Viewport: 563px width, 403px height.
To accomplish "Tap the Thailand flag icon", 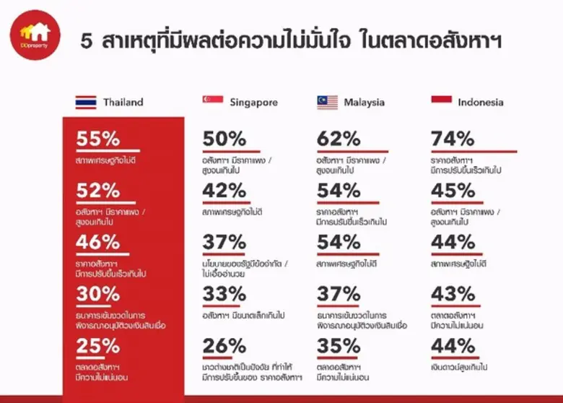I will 85,103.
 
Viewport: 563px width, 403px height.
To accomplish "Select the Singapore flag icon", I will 213,101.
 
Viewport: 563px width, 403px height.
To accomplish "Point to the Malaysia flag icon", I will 327,103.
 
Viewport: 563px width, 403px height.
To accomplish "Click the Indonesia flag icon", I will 441,101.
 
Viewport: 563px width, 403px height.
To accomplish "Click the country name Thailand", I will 123,103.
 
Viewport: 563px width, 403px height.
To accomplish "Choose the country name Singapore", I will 253,103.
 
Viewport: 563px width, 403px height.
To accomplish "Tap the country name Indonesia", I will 481,103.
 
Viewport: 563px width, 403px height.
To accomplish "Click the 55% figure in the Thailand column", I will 97,139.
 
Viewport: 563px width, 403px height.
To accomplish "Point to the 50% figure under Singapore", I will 224,139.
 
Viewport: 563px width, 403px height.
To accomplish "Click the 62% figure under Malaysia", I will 339,139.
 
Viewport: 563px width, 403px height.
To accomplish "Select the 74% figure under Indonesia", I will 453,139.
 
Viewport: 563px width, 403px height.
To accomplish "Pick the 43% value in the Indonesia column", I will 453,295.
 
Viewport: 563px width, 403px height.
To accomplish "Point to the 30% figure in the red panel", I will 97,295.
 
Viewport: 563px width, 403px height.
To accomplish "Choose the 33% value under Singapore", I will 224,295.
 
